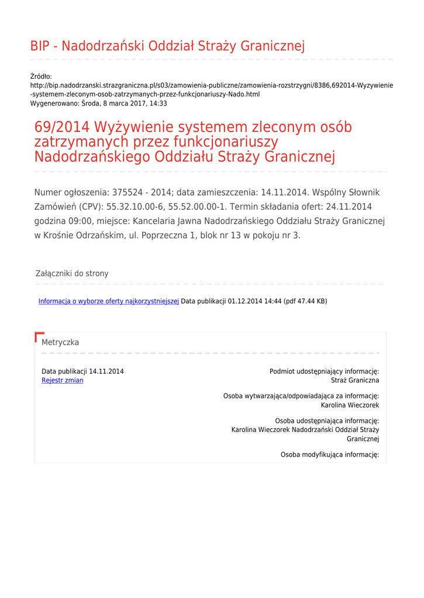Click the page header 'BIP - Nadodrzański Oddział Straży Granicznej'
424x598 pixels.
[167, 46]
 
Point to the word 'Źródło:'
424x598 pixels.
[41, 77]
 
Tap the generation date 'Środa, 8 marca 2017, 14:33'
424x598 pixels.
[124, 103]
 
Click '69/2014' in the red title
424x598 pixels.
[61, 127]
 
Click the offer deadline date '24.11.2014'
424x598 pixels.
[349, 207]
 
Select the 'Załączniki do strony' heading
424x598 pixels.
[72, 273]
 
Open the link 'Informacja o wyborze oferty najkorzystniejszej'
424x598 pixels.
[108, 301]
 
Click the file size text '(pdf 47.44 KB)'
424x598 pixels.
[305, 301]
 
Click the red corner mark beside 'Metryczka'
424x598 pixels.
[39, 336]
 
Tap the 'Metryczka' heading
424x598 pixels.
[60, 342]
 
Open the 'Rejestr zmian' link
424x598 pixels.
[63, 380]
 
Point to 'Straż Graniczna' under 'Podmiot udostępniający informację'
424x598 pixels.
[355, 380]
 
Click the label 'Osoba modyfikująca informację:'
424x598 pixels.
[330, 454]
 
